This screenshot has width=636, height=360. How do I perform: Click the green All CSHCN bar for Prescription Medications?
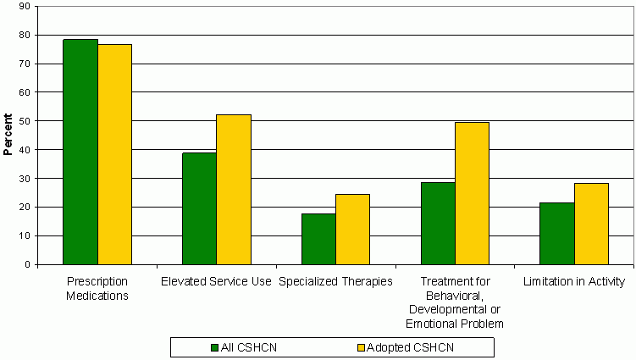[x=80, y=152]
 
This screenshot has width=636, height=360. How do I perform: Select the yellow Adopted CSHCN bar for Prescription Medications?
[x=115, y=154]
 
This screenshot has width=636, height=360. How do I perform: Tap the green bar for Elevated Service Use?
[x=199, y=208]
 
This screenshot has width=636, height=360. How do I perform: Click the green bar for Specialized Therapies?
[x=318, y=239]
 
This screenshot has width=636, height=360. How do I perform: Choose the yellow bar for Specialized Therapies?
[x=352, y=229]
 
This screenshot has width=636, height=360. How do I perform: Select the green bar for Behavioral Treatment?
[x=438, y=223]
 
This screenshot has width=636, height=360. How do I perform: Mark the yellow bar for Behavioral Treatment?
[x=472, y=193]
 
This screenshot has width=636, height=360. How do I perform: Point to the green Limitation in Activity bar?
[x=556, y=233]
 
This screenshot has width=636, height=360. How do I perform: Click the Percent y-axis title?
[x=8, y=135]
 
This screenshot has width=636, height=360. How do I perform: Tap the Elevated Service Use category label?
[x=215, y=282]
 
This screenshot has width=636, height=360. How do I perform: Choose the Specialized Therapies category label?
[x=335, y=282]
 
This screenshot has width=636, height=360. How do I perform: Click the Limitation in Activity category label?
[x=574, y=282]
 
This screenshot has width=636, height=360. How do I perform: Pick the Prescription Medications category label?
[x=97, y=289]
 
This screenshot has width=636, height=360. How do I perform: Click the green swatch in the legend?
[x=214, y=346]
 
